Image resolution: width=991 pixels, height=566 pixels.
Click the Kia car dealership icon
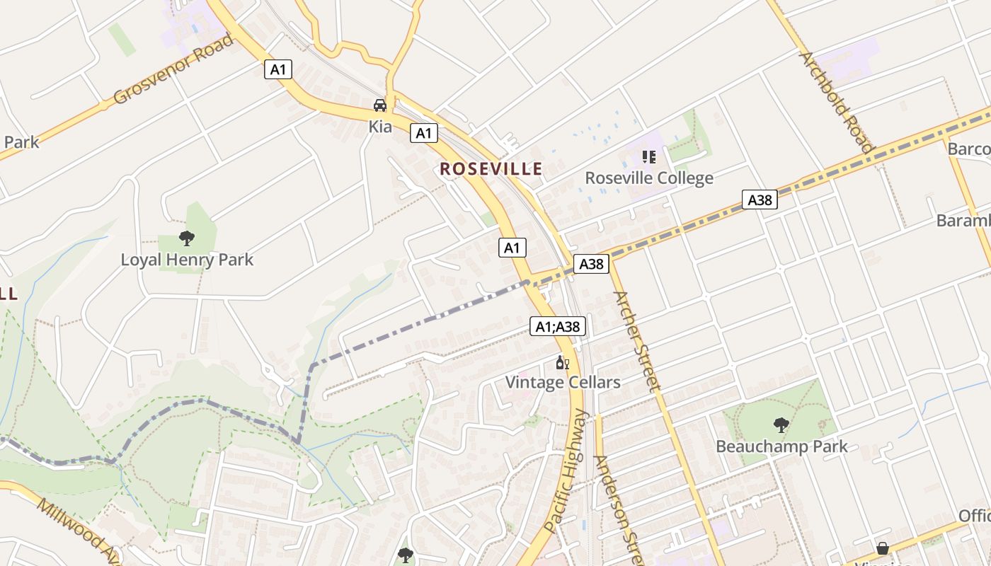380,105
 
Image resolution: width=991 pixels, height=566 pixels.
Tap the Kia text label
380,127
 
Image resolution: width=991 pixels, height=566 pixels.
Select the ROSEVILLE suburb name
491,169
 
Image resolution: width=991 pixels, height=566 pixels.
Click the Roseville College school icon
648,157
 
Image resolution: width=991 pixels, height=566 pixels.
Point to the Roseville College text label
648,178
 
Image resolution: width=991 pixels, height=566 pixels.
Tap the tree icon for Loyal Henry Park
187,238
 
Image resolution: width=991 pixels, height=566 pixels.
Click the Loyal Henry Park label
187,260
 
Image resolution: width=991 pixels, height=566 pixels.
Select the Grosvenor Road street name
173,69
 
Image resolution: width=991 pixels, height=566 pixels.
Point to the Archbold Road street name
835,101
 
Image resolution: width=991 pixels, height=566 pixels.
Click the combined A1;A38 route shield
558,326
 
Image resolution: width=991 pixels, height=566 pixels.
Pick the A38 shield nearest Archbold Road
760,200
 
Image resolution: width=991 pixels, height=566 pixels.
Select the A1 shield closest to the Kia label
423,133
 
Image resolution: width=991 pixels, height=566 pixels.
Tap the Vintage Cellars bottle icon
563,363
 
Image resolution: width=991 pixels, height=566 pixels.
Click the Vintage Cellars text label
563,383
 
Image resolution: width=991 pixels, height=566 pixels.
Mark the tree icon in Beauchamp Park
781,425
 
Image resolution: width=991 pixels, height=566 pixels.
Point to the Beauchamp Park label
781,446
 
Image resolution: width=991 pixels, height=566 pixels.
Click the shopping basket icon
883,548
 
